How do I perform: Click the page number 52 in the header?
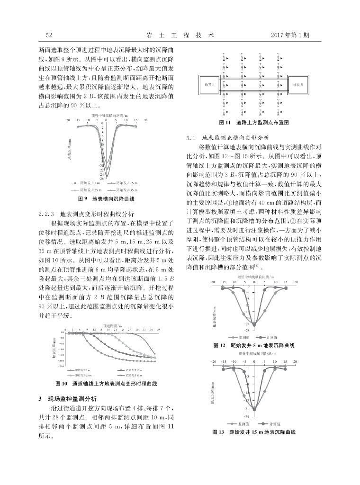48,35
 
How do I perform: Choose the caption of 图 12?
254,346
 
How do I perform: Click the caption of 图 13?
254,432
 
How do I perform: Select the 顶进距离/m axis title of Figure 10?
113,326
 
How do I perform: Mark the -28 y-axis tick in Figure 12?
246,330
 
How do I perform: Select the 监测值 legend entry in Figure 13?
235,423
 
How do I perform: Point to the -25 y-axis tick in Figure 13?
246,416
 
